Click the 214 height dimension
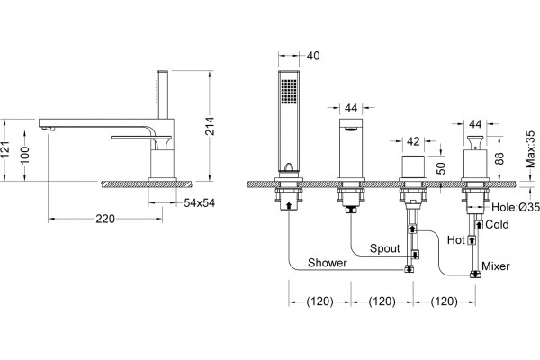(210, 126)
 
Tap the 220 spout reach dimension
(105, 219)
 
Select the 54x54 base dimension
(199, 202)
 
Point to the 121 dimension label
(4, 150)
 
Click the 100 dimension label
(25, 156)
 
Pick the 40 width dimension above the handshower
(312, 56)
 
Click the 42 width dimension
(413, 141)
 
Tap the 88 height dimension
(499, 158)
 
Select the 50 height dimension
(441, 167)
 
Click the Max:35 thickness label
(530, 148)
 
